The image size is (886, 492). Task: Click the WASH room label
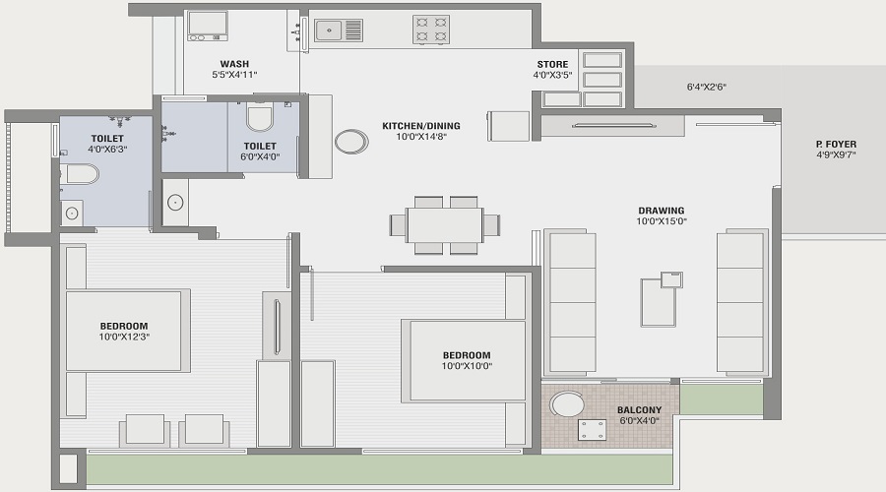(234, 64)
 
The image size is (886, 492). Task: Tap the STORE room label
(551, 64)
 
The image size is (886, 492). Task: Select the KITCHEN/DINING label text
(421, 126)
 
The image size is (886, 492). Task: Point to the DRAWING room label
(661, 211)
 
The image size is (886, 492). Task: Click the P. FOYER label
(836, 145)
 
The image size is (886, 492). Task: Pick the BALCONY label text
(639, 409)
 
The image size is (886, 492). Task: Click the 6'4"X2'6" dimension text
(707, 87)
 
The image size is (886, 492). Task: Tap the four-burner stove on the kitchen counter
(430, 30)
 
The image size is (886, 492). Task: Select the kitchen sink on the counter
(340, 30)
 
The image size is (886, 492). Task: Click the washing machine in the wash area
(208, 25)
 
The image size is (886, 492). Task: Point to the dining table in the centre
(444, 225)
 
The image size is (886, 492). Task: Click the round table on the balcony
(566, 404)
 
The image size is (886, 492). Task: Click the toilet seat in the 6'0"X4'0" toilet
(260, 117)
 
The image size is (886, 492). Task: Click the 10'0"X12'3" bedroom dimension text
(123, 338)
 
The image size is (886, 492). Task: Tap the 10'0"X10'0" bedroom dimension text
(466, 366)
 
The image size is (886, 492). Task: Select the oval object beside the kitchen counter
(351, 141)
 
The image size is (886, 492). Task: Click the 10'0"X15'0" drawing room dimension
(661, 221)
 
